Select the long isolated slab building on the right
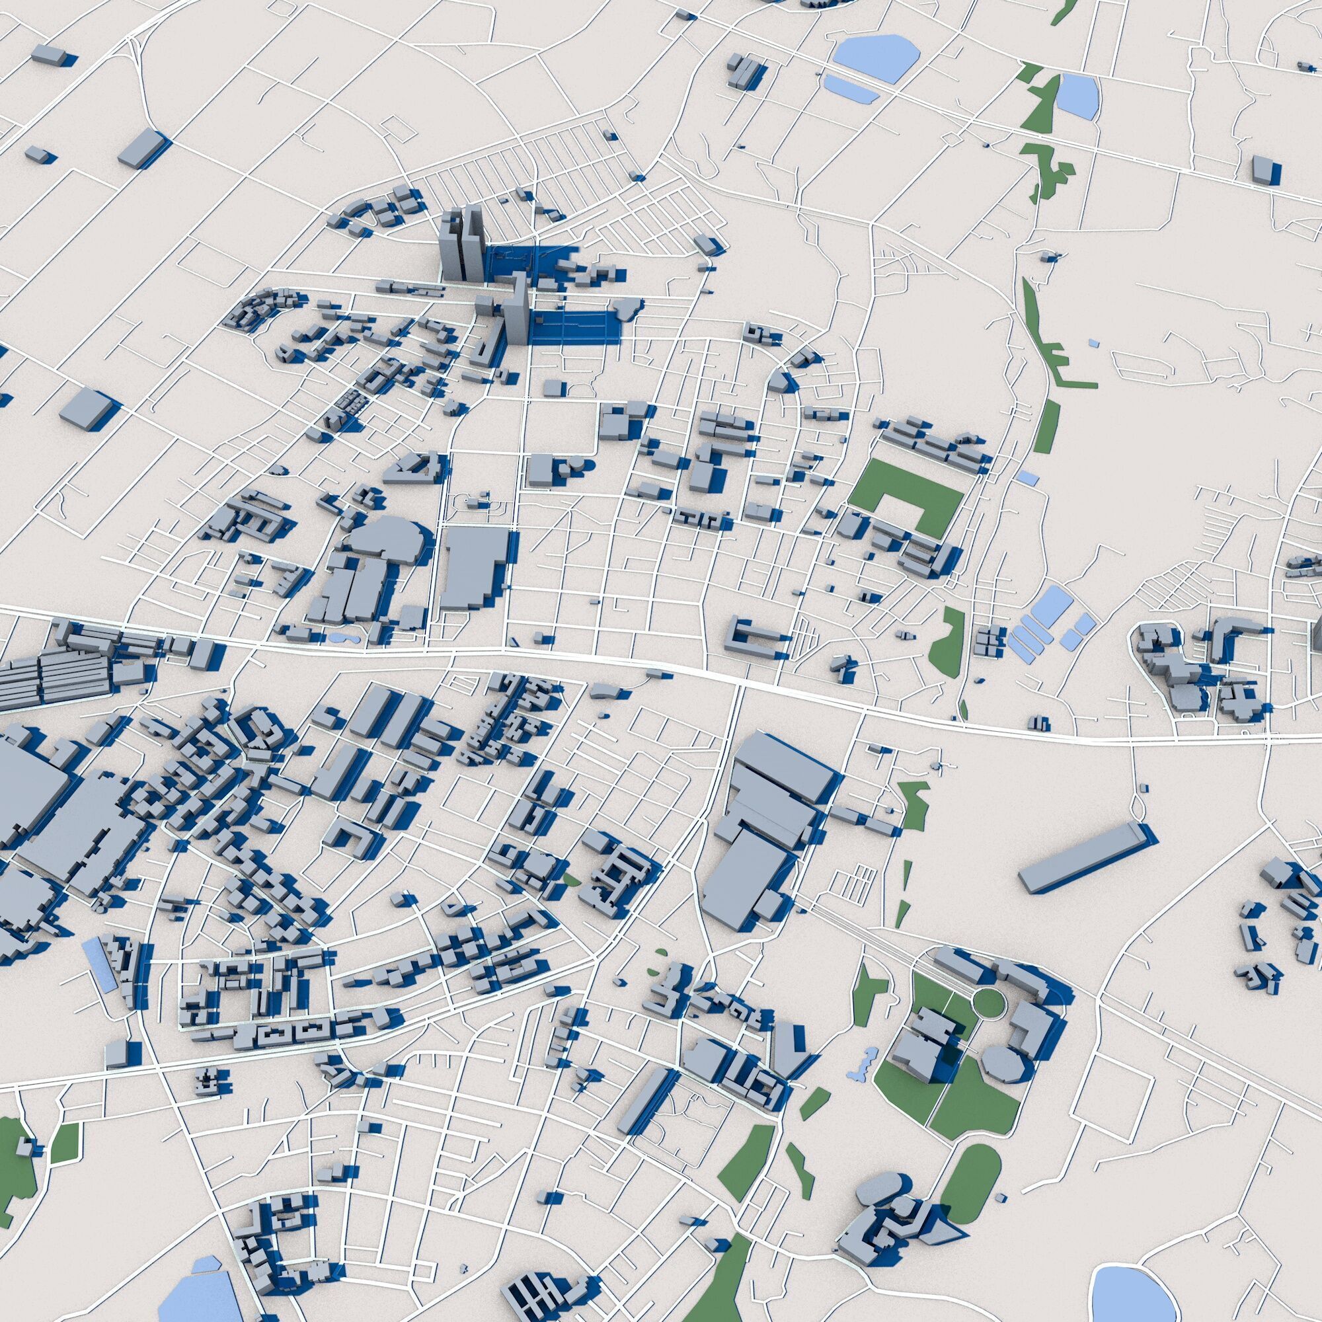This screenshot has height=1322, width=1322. point(1081,857)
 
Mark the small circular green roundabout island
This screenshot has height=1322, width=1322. point(988,1004)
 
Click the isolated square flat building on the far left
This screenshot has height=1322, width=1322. point(85,410)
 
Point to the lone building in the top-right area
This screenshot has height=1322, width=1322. point(1263,169)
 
